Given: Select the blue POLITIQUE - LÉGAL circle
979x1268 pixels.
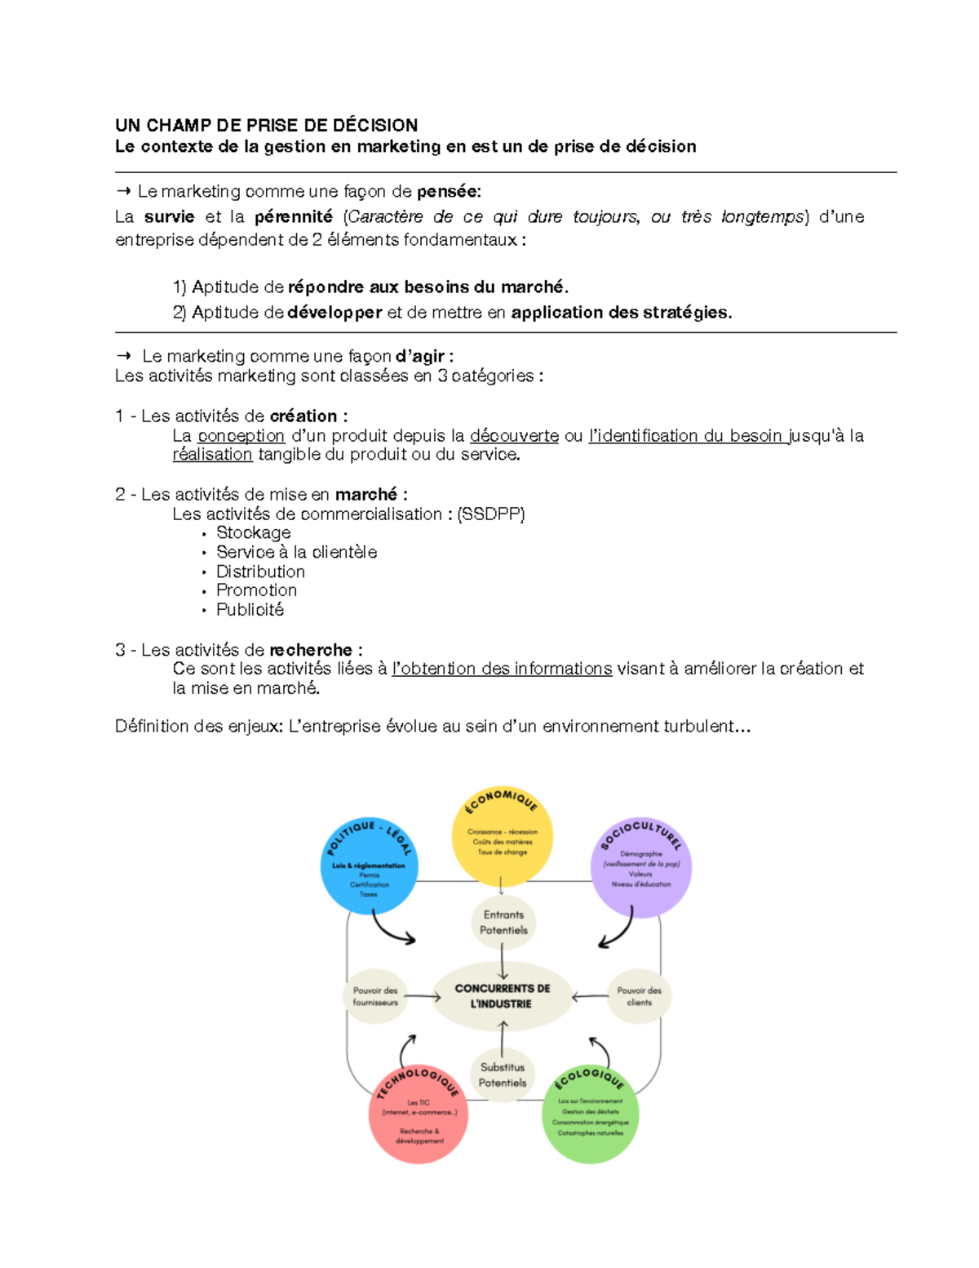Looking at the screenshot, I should (x=370, y=866).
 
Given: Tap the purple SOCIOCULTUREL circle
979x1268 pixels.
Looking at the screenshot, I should (x=641, y=868).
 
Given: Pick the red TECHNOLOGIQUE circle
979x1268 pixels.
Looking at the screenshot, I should (x=419, y=1114).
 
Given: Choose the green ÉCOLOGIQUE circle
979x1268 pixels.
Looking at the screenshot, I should (x=590, y=1114).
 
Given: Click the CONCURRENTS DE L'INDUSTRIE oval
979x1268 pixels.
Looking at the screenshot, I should (x=502, y=996).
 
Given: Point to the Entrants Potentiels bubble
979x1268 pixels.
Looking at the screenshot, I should (x=503, y=923).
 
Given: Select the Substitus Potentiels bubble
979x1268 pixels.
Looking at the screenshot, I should (x=503, y=1074).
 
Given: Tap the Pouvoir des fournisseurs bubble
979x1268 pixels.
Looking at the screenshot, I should (x=375, y=996).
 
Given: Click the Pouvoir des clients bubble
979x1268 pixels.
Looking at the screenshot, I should (x=639, y=996).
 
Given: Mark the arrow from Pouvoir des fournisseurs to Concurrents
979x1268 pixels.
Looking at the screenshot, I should (x=423, y=996).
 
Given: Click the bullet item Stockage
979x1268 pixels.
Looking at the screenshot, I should (x=253, y=532).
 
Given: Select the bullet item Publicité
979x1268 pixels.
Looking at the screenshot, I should (x=250, y=609).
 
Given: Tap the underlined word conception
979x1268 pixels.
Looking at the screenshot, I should (x=241, y=436).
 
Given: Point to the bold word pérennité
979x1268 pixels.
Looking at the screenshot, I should (x=293, y=216).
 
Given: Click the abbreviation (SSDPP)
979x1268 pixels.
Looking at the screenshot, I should (x=491, y=514).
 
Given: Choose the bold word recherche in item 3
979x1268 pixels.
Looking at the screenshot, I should (x=311, y=650).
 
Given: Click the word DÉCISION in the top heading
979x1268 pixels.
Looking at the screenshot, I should (x=375, y=125).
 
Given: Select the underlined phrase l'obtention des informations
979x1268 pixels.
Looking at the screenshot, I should (x=502, y=669).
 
